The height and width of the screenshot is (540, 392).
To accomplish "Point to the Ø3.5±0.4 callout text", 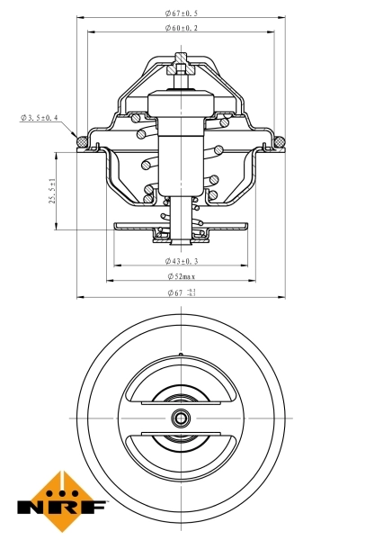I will tap(39, 118).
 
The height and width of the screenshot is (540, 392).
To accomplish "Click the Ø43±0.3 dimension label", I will tap(182, 261).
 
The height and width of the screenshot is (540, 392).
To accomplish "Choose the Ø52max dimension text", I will tap(182, 276).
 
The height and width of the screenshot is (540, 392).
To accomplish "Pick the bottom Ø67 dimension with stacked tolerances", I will tap(183, 293).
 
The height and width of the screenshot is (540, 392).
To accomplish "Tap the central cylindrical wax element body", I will tap(181, 153).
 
